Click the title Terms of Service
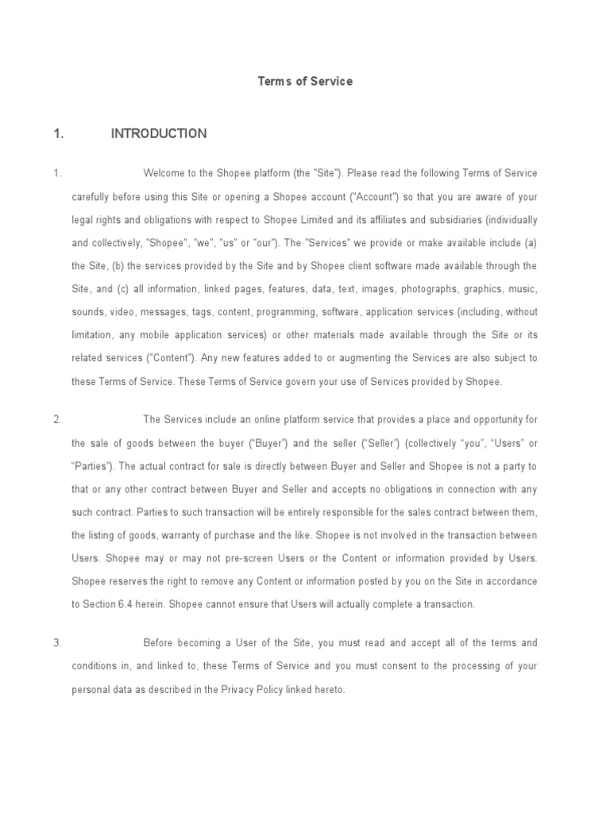[x=305, y=81]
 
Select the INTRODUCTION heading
[x=159, y=133]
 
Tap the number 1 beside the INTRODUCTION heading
[x=57, y=133]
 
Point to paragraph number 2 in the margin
[x=57, y=419]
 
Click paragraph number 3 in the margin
[x=57, y=642]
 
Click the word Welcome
[x=164, y=173]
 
